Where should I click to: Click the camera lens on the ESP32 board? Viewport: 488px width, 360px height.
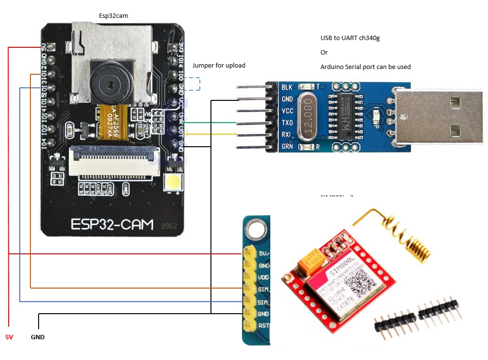112,84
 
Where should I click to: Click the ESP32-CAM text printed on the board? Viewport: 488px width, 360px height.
112,224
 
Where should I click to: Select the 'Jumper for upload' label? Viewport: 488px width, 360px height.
219,65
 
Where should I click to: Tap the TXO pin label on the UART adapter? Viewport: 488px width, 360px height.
287,123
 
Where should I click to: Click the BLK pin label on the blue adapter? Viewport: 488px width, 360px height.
287,87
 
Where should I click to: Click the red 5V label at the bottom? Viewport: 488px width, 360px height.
9,337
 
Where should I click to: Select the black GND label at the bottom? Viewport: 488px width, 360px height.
38,337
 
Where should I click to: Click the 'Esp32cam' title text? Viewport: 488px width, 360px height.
113,16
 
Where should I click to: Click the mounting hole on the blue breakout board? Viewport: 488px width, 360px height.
257,230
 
